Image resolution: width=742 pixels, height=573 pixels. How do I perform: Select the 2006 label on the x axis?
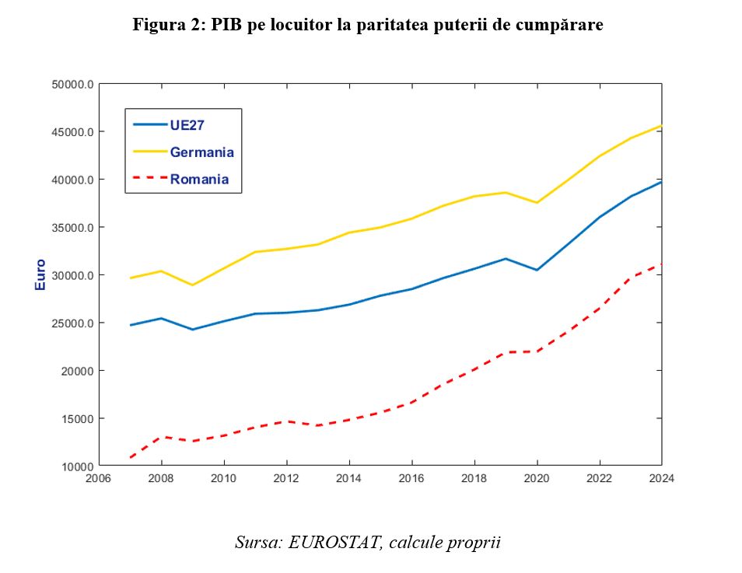98,479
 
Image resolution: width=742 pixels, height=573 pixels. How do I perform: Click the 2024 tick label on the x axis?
661,479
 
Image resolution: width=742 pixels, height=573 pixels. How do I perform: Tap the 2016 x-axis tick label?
411,479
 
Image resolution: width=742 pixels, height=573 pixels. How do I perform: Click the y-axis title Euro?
40,274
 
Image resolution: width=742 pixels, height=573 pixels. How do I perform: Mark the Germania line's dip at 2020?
537,202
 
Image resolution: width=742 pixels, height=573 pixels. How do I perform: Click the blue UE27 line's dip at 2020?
537,270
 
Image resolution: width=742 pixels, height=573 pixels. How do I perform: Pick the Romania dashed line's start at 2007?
130,457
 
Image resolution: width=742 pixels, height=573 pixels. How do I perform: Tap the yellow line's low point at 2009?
192,285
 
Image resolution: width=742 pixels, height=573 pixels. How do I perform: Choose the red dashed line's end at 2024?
661,264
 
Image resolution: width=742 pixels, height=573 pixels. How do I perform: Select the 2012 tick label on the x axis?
286,479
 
